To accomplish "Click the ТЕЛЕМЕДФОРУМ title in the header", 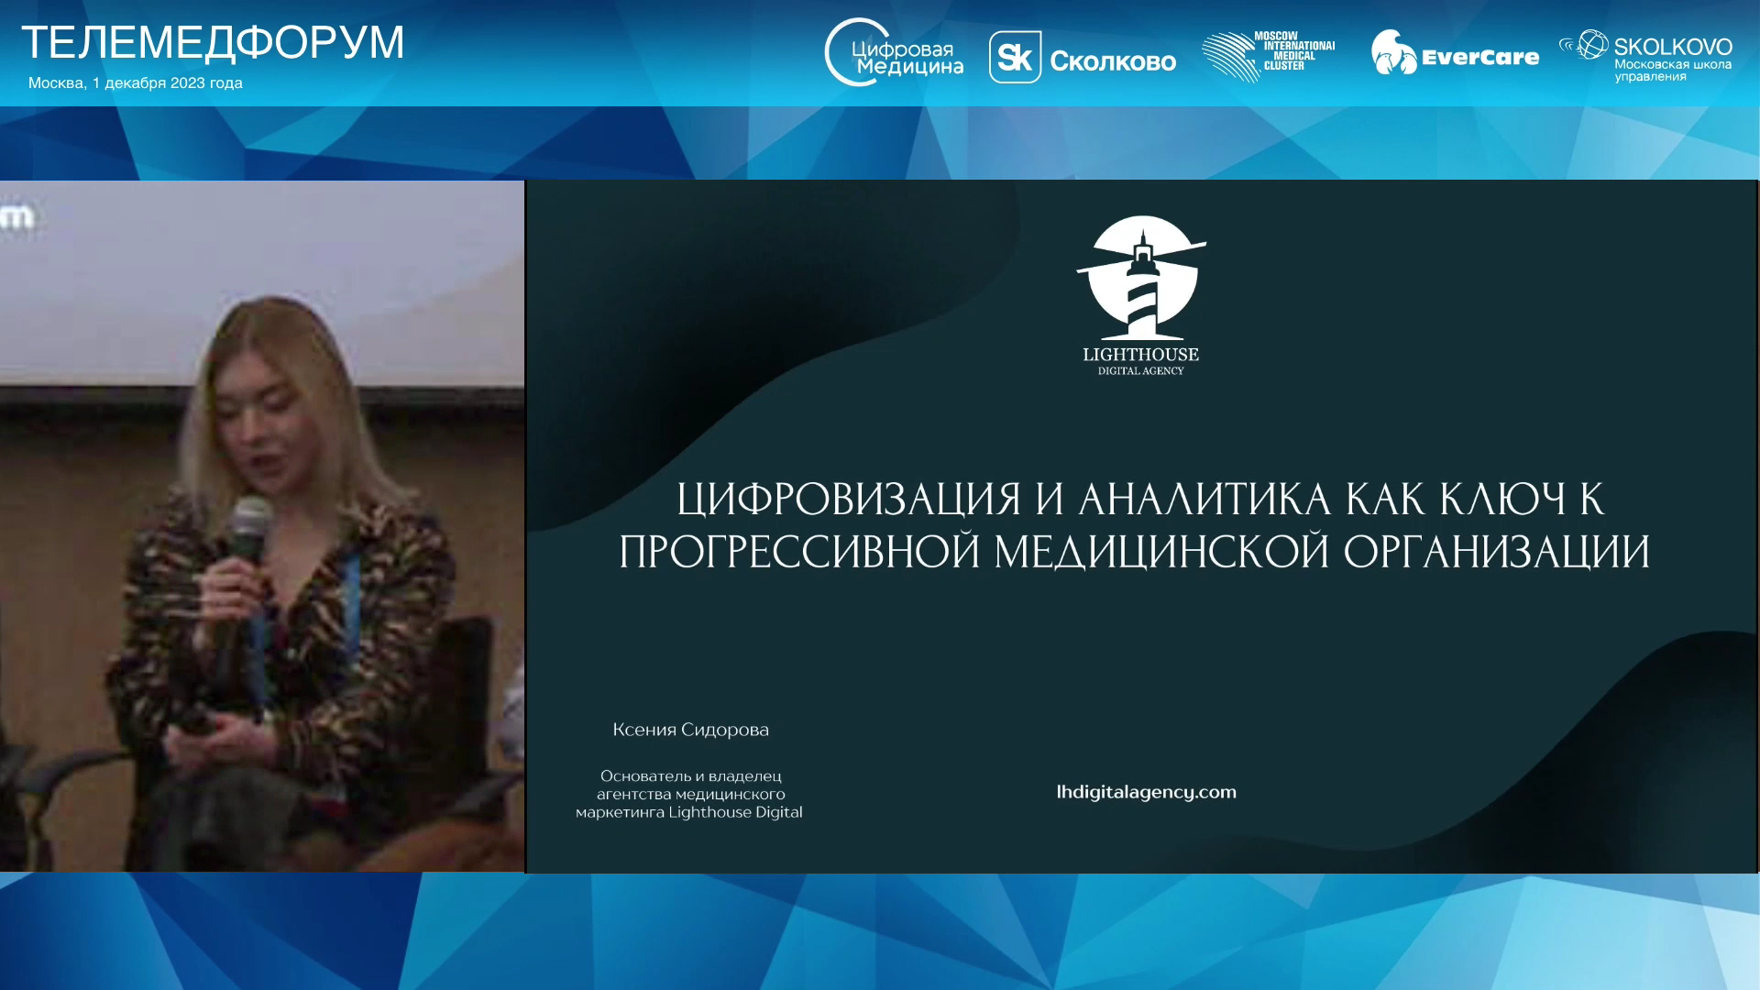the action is (213, 43).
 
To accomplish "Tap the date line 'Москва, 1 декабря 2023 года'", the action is (136, 82).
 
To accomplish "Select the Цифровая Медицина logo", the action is (894, 53).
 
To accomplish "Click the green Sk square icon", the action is (1015, 57).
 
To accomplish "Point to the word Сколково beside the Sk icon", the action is (1113, 61).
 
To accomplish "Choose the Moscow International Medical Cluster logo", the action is (1269, 56).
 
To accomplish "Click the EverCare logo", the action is (1455, 53).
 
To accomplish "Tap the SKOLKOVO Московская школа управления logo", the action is (1646, 56).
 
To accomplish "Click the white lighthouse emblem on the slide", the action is (1141, 278).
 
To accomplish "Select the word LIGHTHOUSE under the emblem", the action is (1141, 355).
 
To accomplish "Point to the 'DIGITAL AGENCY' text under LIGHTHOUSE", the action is (1141, 371).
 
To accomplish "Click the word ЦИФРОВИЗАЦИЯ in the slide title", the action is (849, 500).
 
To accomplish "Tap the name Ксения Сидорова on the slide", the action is (691, 731).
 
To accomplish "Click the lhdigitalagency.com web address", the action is (1147, 793).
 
